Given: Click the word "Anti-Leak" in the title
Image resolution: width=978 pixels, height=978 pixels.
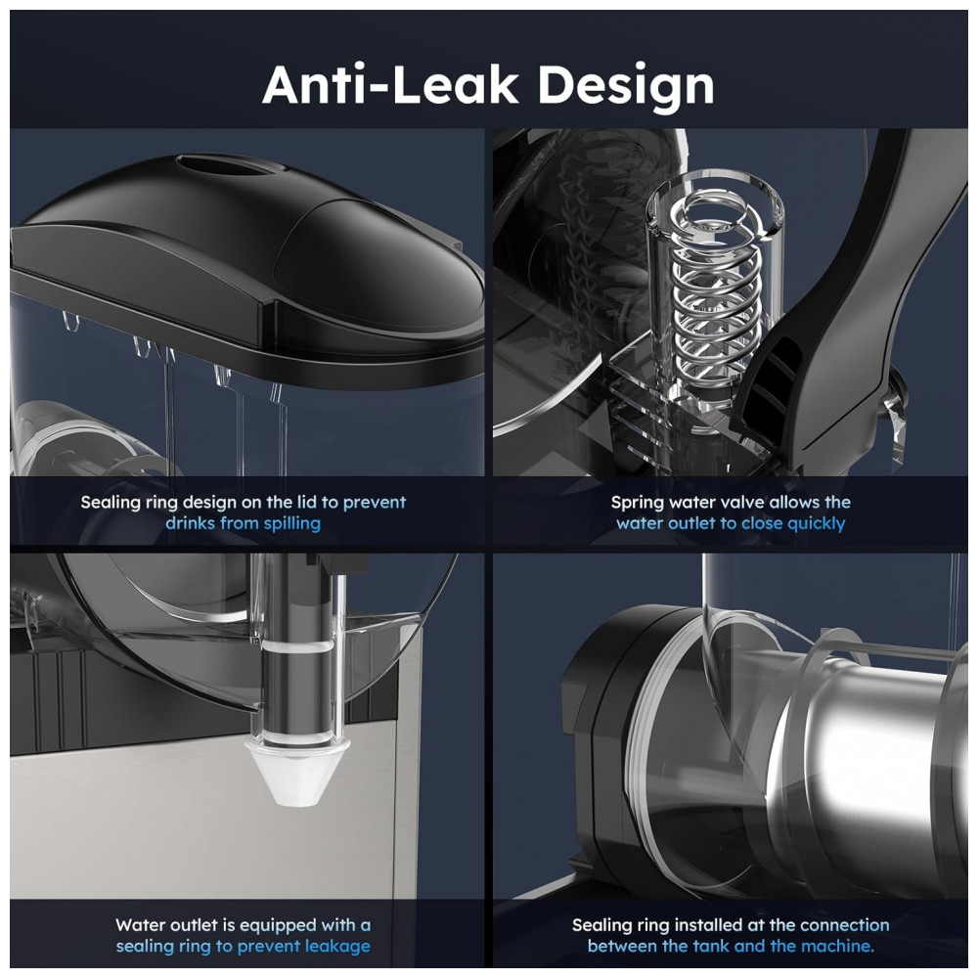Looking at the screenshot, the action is (390, 84).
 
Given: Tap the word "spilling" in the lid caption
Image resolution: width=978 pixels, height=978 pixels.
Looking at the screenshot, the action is (291, 523).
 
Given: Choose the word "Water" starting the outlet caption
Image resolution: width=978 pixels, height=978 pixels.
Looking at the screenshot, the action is (140, 925).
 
